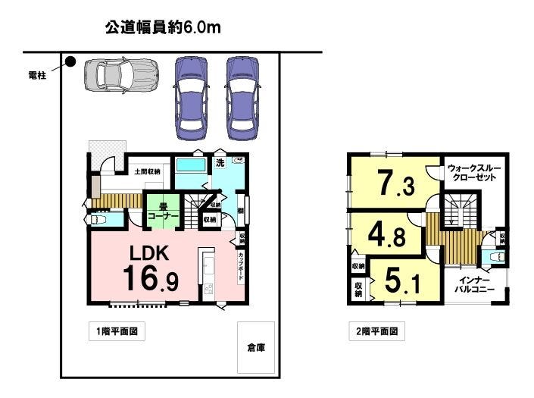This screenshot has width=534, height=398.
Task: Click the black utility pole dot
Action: coord(70,62)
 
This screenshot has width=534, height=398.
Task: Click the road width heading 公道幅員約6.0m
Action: coord(162,30)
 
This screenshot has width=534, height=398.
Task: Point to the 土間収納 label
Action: coord(147,172)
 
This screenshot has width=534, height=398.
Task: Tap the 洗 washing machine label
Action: coord(220,162)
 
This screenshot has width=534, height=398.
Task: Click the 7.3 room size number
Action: coord(395,183)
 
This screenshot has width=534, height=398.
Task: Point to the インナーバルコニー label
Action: coord(475,284)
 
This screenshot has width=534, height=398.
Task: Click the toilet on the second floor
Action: coord(495,258)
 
